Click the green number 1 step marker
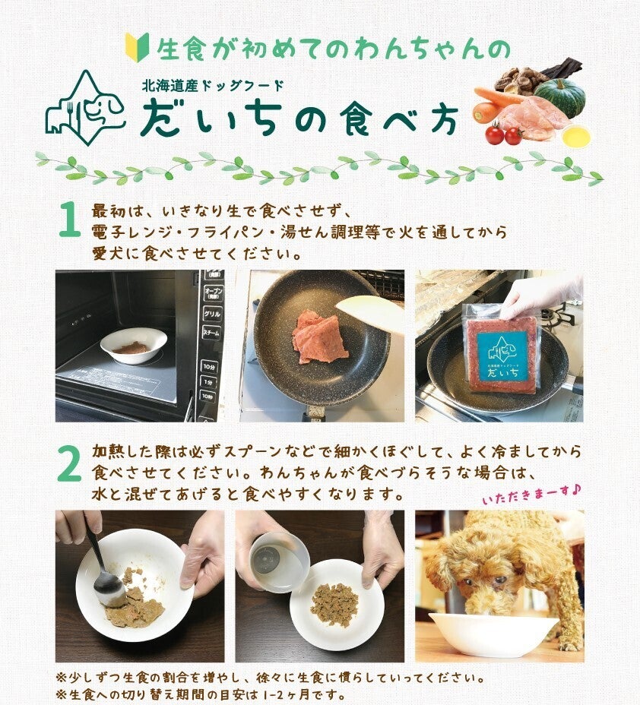click(69, 219)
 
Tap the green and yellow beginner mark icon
click(137, 47)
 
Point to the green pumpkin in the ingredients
click(560, 97)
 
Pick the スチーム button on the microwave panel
click(211, 334)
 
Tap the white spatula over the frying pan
click(369, 309)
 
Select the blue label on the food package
click(503, 356)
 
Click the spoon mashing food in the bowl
click(104, 571)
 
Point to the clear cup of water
click(279, 562)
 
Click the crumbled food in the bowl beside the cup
click(335, 604)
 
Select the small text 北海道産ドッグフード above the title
click(212, 85)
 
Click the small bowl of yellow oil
click(575, 136)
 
